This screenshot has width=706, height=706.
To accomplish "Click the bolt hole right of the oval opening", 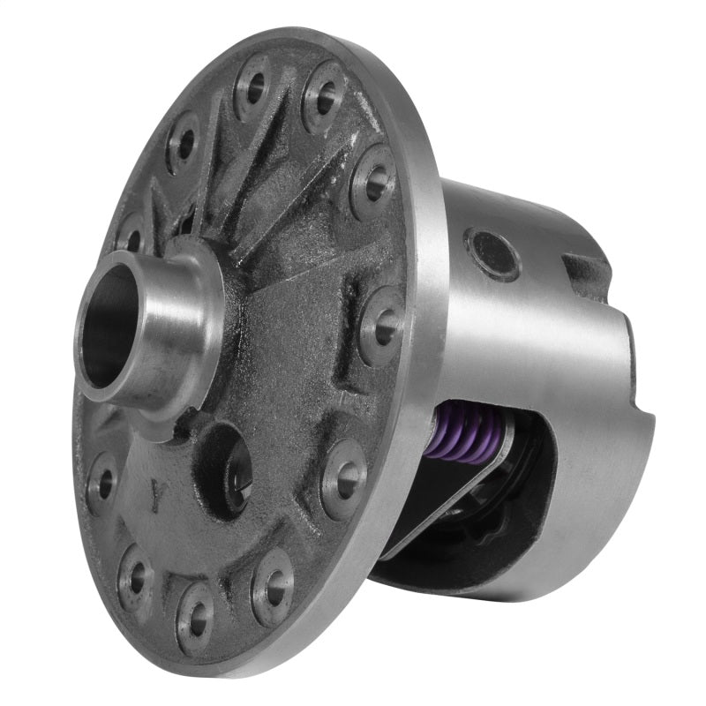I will (344, 477).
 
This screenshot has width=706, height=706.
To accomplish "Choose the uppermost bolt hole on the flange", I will (253, 86).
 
